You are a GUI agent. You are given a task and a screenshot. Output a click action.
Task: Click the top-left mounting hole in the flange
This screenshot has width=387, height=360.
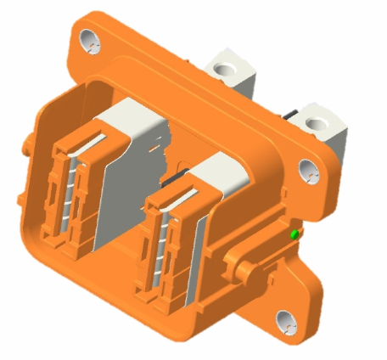pos(87,38)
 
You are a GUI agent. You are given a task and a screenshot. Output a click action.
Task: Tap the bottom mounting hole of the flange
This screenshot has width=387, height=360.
pos(285,321)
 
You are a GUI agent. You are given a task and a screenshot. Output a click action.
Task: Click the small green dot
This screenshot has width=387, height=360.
pos(294,233)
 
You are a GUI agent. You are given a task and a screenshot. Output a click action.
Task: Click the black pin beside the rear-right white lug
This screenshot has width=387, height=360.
pos(290,115)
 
